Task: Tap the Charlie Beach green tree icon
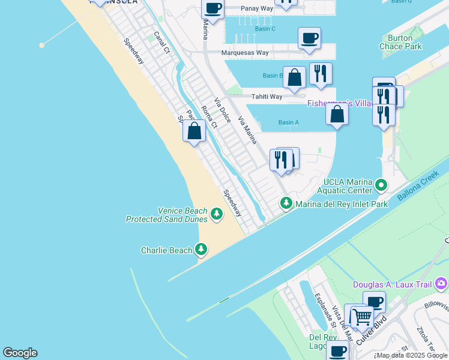tap(201, 250)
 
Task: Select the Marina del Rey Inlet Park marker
tap(286, 204)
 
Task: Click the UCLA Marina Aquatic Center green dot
tap(381, 185)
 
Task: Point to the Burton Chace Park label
tap(400, 42)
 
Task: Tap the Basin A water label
tap(289, 122)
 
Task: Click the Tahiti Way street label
tap(267, 97)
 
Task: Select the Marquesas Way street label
tap(245, 52)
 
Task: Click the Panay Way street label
tap(257, 8)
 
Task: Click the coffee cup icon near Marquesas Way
tap(309, 38)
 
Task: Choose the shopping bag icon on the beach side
tap(194, 131)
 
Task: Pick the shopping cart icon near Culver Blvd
tap(361, 316)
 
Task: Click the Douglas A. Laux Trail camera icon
tap(442, 283)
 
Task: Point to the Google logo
tap(20, 353)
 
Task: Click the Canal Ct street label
tap(162, 43)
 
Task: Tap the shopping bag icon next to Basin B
tap(294, 77)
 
